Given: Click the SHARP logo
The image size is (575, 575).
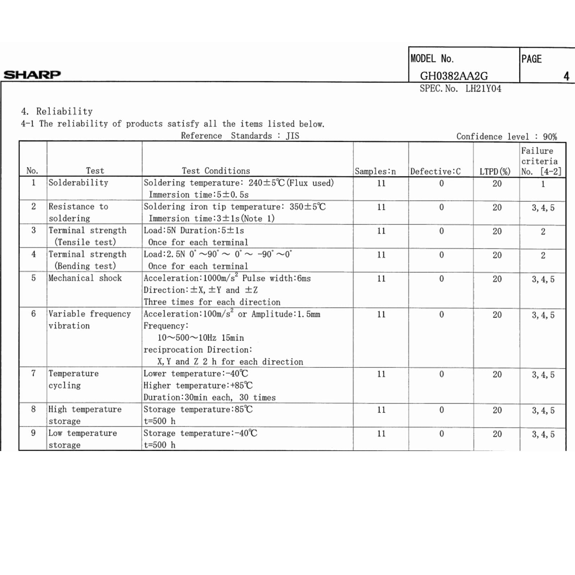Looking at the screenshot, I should pos(32,75).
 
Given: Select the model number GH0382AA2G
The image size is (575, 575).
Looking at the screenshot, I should pos(454,76).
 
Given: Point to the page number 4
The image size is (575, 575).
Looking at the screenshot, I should pos(566,76).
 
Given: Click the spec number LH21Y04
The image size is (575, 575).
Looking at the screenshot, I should pos(483,89).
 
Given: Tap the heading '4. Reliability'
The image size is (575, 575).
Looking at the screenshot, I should pos(57,111).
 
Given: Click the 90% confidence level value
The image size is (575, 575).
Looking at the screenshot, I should pos(550,137).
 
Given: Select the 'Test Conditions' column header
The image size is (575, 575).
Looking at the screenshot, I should pos(216,171).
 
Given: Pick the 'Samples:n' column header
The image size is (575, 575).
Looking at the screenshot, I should pos(375,171).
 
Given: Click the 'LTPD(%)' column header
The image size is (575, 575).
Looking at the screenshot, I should pos(495,171).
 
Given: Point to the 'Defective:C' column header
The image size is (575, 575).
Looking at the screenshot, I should pos(435,171).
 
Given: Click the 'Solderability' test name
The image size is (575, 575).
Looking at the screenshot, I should pos(78,183).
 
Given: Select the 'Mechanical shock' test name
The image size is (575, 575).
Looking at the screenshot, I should pos(85,278).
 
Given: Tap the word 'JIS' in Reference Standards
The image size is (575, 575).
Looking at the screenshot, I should pos(293,136).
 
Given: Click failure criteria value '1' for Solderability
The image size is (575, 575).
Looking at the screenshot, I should pos(543,184).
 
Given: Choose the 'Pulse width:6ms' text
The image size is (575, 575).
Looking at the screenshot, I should pos(276,278).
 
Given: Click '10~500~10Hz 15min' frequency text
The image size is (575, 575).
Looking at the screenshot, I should pos(201,338).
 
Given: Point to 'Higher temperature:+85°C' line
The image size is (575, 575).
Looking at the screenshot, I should pos(198,386).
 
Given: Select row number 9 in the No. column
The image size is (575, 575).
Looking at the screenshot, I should pos(33,433).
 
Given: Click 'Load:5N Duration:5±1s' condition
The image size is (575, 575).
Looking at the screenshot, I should pos(194,230).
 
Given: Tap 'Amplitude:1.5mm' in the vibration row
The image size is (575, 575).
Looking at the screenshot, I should pos(286,314).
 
